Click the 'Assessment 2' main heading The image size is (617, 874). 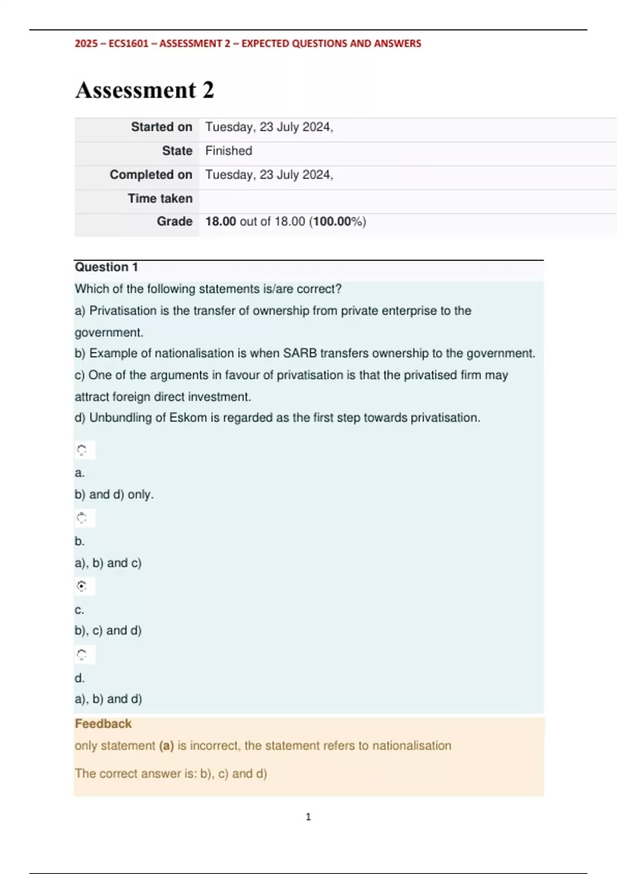[144, 90]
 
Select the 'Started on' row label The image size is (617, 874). [161, 127]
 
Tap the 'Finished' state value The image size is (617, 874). [229, 151]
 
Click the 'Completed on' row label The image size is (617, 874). [151, 175]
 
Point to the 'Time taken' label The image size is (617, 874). [160, 198]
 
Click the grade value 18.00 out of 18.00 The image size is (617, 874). [285, 222]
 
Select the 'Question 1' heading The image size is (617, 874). [106, 267]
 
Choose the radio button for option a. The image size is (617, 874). [82, 450]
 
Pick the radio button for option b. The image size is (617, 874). [82, 518]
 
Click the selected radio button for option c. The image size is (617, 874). [82, 586]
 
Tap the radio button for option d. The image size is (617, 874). [82, 654]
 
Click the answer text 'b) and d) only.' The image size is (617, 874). [114, 495]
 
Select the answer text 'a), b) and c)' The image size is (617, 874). [108, 563]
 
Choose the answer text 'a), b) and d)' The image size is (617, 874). [108, 699]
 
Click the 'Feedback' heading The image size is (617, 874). [103, 724]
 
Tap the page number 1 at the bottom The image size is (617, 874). [308, 816]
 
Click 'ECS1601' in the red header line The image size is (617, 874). [129, 44]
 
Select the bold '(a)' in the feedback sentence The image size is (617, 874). [166, 745]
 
